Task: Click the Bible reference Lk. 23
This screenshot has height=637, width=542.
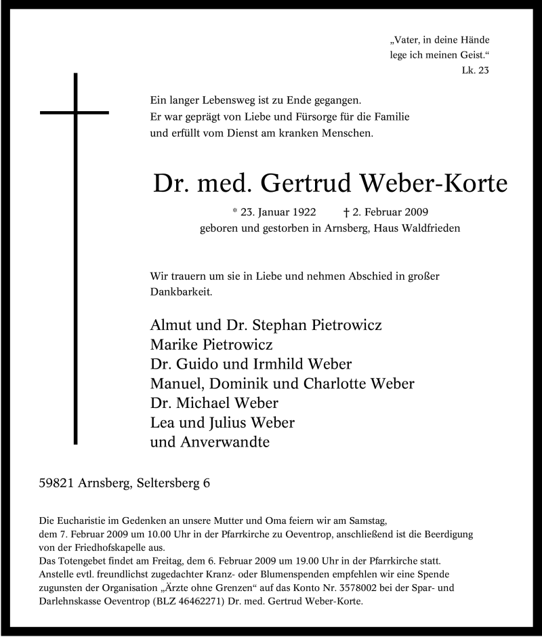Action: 474,69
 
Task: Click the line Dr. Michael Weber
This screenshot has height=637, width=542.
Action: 214,403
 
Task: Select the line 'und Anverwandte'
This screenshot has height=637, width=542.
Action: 210,443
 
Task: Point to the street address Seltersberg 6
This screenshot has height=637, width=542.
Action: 173,484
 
